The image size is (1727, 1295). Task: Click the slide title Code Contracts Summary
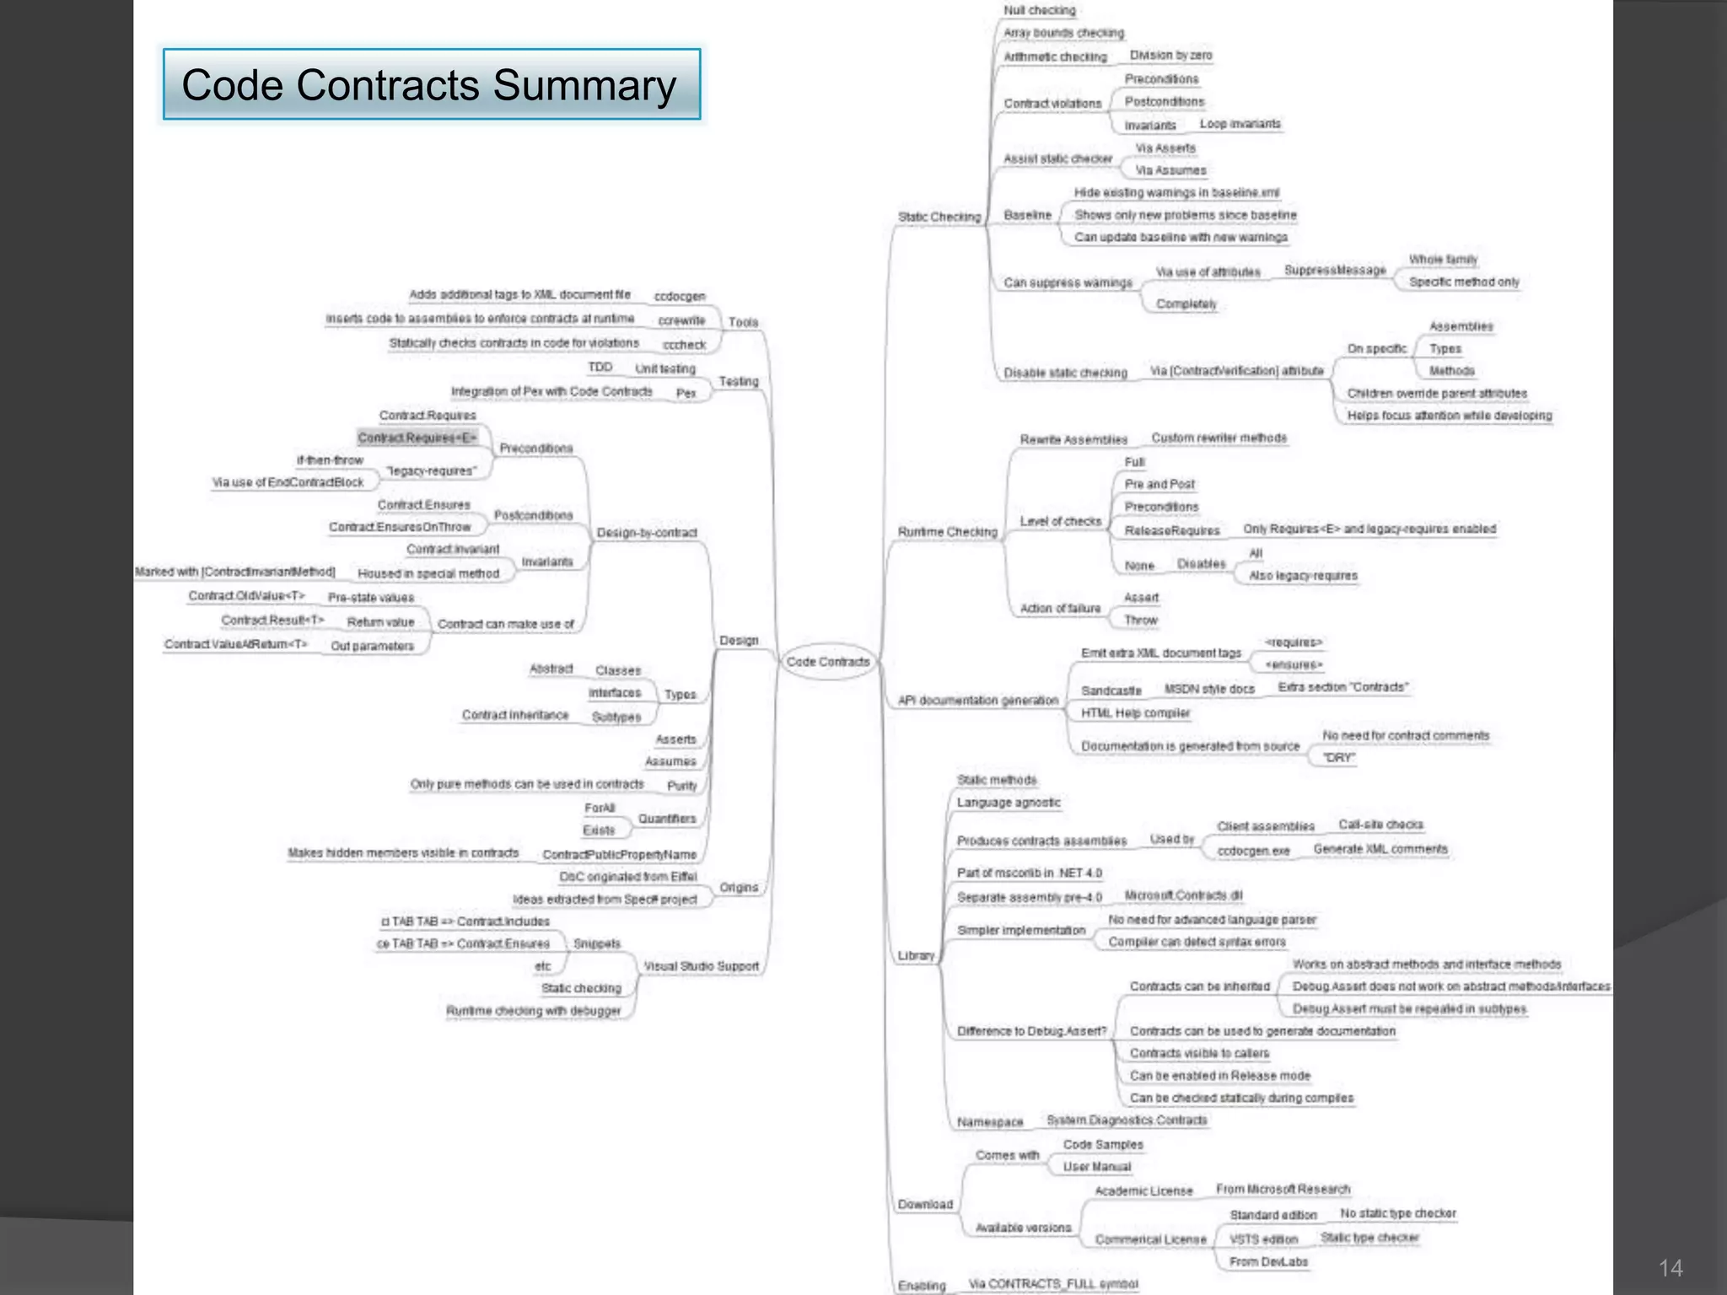(x=430, y=85)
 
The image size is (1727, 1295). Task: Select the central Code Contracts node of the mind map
(x=827, y=662)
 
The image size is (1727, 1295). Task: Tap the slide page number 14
(x=1670, y=1268)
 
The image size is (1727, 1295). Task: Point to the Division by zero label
(x=1170, y=56)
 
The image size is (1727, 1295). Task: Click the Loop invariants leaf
(x=1240, y=124)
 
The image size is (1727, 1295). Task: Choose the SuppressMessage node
(x=1335, y=270)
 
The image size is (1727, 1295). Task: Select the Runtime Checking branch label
(x=947, y=532)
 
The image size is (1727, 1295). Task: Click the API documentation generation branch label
(x=977, y=701)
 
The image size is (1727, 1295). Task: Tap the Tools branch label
(x=743, y=322)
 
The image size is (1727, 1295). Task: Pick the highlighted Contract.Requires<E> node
(x=417, y=438)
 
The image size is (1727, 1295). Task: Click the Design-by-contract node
(x=647, y=533)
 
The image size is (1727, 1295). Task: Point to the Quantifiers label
(x=667, y=819)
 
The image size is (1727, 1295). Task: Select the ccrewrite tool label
(x=681, y=320)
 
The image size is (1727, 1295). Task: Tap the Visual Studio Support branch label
(x=702, y=966)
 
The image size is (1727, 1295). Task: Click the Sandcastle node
(x=1111, y=690)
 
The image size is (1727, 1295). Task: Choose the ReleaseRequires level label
(x=1172, y=530)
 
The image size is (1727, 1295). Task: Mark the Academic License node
(x=1143, y=1191)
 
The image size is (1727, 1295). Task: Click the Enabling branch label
(x=922, y=1286)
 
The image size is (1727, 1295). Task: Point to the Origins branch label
(x=739, y=888)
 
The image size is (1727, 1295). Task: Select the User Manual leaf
(x=1096, y=1167)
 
